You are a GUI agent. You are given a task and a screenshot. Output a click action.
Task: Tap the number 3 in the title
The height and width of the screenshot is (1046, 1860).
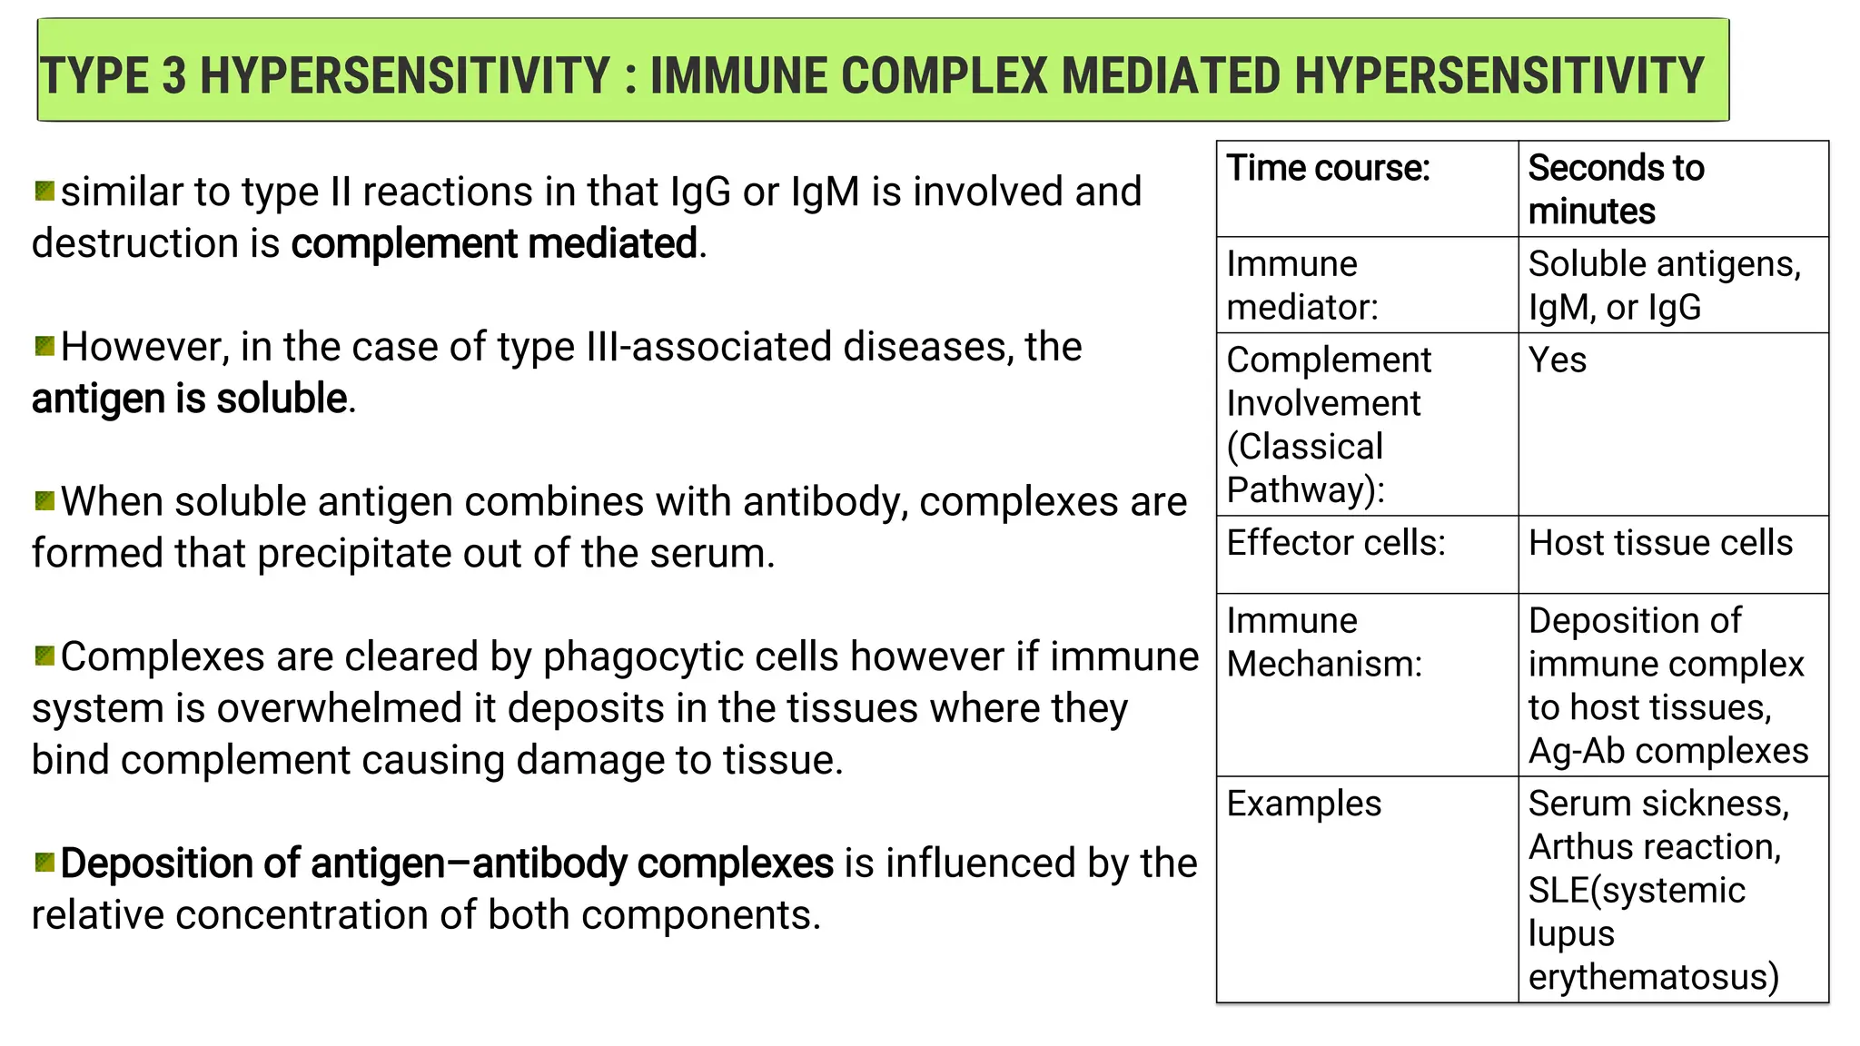point(174,76)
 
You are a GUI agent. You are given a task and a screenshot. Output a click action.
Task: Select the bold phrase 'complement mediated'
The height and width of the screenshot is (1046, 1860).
point(494,244)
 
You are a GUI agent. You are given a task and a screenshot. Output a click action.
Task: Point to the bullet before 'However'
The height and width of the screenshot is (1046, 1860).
point(45,346)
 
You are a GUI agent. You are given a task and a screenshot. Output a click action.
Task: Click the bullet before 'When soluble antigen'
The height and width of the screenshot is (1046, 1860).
point(45,501)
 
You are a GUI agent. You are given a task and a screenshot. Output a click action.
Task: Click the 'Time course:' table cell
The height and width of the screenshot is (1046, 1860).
point(1328,169)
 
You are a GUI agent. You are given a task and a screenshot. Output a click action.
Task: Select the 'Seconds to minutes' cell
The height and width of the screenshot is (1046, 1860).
point(1616,190)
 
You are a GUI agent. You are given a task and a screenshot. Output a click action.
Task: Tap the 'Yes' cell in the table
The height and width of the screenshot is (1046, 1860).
point(1558,360)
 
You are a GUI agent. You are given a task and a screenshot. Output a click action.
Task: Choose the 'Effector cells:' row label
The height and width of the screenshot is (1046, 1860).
point(1335,543)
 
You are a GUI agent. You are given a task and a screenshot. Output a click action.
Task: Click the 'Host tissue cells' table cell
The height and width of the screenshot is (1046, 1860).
point(1660,543)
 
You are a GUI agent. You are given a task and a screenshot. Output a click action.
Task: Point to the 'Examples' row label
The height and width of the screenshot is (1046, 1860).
point(1303,804)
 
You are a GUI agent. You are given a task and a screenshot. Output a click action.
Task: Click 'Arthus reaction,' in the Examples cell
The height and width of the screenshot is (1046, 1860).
point(1655,847)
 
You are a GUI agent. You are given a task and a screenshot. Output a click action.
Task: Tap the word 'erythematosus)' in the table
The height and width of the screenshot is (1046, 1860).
point(1653,978)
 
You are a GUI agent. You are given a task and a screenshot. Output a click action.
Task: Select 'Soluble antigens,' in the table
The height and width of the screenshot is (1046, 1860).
point(1664,264)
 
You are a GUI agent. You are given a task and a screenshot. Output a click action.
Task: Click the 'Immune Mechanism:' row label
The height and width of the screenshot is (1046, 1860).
point(1323,643)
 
